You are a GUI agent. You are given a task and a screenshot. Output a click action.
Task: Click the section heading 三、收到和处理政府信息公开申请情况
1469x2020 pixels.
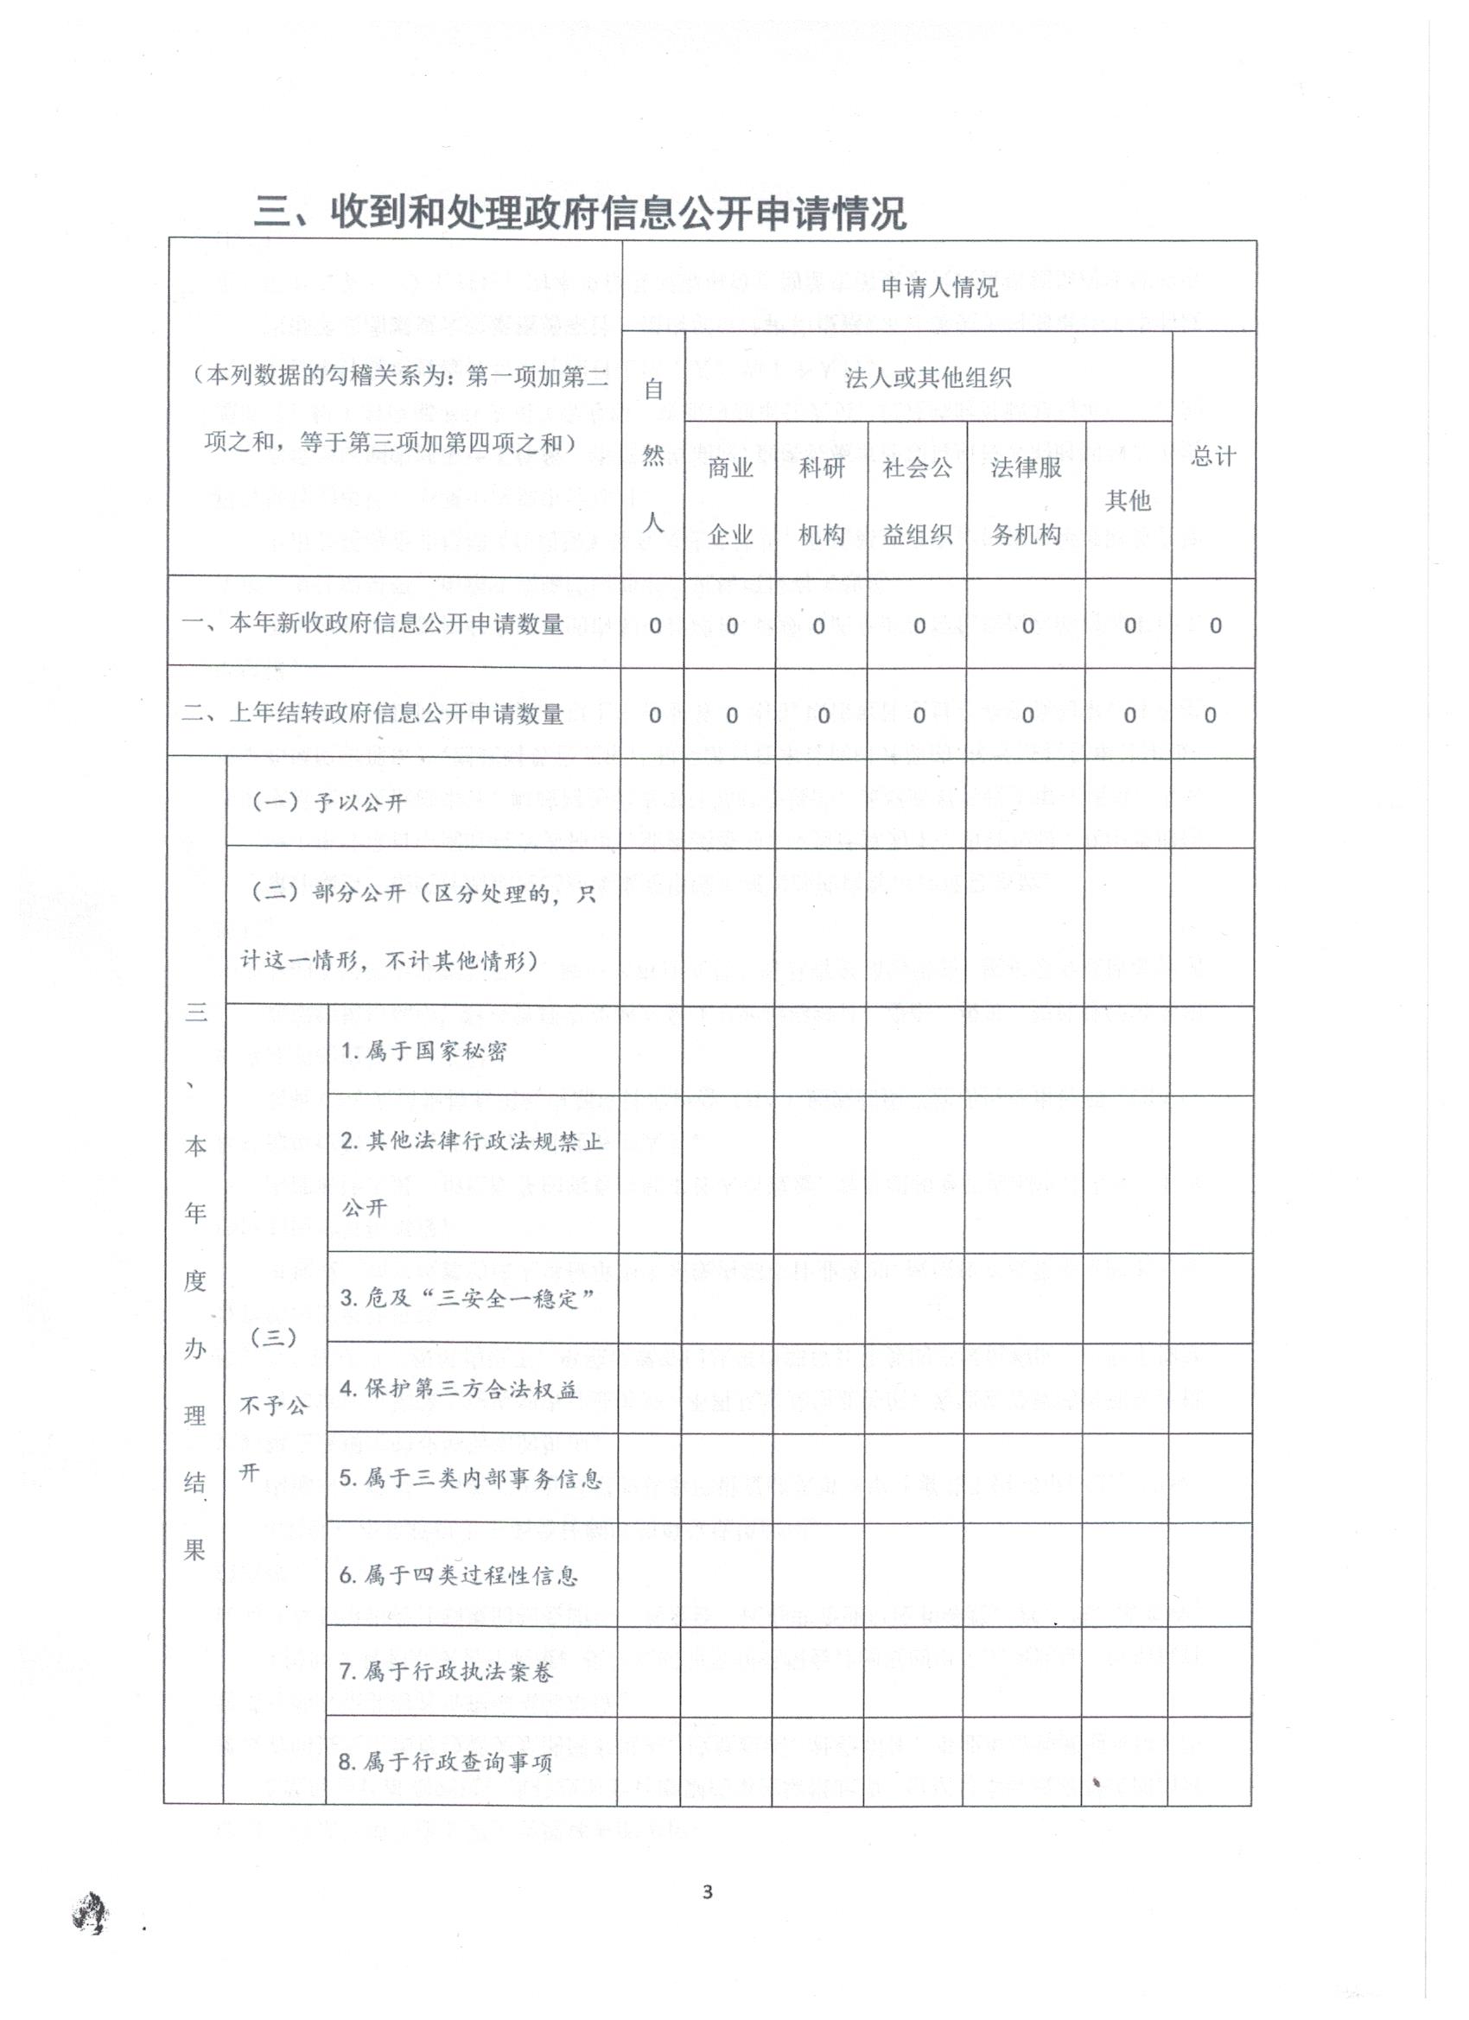point(580,213)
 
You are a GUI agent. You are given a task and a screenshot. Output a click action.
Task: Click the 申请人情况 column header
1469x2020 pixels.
point(939,287)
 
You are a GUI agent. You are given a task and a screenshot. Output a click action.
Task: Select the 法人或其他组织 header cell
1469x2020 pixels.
point(927,378)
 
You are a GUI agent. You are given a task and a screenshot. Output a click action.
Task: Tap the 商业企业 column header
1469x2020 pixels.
point(730,499)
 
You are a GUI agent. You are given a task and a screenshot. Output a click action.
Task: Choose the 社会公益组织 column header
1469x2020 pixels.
point(917,499)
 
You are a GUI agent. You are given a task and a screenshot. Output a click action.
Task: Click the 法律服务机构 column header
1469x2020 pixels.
point(1027,499)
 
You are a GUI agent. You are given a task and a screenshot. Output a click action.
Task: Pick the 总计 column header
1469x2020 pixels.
point(1213,457)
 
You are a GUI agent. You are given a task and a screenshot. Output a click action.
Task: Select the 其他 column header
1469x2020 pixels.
point(1128,500)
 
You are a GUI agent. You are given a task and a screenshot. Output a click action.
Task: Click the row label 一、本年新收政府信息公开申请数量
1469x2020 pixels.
point(373,624)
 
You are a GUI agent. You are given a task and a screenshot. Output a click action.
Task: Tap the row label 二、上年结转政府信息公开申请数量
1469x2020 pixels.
point(373,714)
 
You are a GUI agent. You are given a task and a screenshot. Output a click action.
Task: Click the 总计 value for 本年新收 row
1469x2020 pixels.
point(1215,626)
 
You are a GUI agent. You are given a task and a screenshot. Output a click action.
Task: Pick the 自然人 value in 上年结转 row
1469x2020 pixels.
point(655,715)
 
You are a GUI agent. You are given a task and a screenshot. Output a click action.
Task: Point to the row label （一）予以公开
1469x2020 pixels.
point(328,803)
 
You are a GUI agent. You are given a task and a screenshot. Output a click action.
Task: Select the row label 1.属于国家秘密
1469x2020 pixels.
point(423,1051)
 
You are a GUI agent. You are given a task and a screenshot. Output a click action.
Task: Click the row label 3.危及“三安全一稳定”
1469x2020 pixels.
point(467,1298)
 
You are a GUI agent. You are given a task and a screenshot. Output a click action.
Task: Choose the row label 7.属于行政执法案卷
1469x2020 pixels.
point(446,1672)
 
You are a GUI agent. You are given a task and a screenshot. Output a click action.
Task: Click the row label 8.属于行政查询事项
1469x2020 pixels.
point(446,1762)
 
